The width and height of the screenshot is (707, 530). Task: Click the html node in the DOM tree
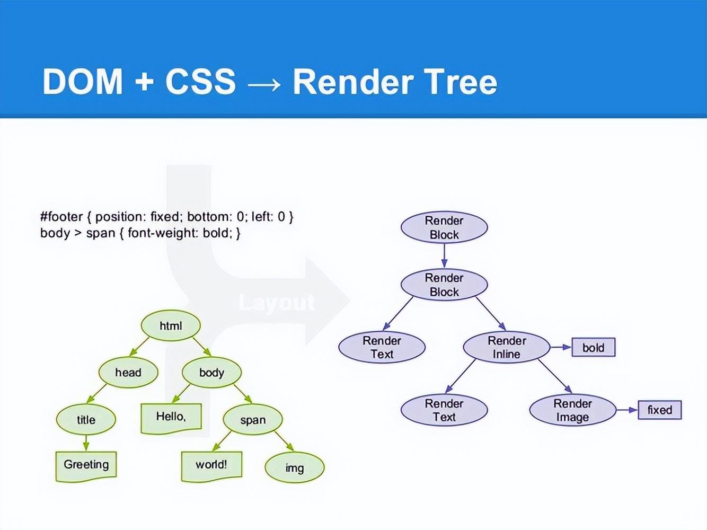tap(171, 325)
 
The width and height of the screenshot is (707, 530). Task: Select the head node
tap(128, 372)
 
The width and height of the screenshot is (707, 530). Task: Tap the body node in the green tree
tap(211, 372)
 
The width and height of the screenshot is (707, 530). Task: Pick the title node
tap(86, 419)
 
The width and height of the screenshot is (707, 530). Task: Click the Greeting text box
tap(86, 465)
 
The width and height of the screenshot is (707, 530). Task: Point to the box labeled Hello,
tap(171, 417)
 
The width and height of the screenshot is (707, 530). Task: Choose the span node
tap(253, 419)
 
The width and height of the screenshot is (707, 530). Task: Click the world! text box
tap(211, 465)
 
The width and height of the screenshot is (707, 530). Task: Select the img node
tap(294, 467)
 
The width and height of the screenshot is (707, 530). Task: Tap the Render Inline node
tap(507, 347)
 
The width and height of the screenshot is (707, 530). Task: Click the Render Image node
tap(572, 410)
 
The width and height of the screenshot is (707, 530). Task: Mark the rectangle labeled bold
tap(593, 347)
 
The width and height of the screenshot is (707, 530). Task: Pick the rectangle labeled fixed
tap(659, 410)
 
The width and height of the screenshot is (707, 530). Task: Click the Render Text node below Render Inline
tap(444, 410)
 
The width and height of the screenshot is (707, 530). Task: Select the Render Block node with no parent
tap(444, 227)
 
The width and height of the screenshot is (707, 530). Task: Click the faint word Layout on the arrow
tap(277, 302)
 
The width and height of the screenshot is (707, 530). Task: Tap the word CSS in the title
tap(200, 82)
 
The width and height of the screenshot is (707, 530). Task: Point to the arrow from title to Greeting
tap(86, 443)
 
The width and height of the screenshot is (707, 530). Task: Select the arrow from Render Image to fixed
tap(627, 410)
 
